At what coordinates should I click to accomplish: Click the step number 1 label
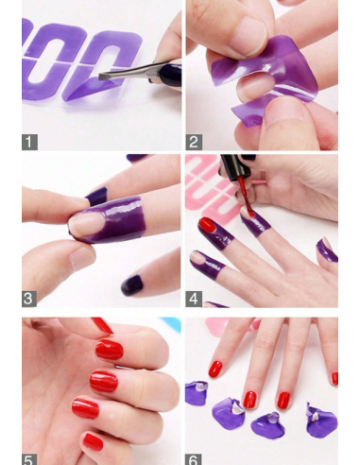coord(29,143)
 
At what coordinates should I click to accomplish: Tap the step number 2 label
coord(194,143)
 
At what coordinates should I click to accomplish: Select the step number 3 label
coord(29,299)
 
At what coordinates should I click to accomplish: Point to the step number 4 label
coord(194,299)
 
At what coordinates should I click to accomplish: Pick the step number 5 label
coord(29,458)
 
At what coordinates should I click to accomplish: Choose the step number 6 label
coord(194,458)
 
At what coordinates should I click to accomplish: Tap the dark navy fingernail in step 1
coord(169,75)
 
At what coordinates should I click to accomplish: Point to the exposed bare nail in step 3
coord(87,224)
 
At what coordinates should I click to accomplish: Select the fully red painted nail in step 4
coord(207,225)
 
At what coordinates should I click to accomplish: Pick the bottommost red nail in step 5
coord(93,441)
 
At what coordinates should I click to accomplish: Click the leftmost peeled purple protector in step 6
coord(197,390)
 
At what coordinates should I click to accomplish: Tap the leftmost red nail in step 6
coord(215,368)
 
